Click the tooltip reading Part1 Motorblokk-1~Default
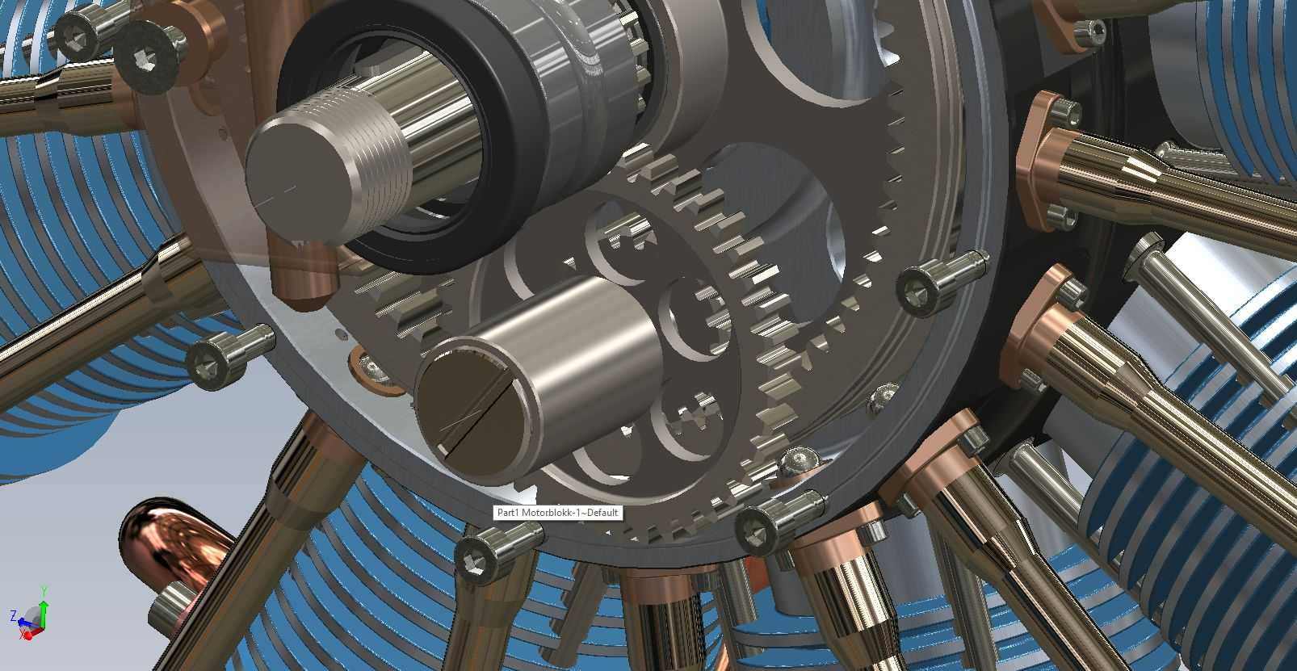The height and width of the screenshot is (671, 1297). tap(558, 513)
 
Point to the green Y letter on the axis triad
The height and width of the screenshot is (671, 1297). tap(44, 591)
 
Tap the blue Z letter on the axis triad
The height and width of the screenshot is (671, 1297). tap(13, 615)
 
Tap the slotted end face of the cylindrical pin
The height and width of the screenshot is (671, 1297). tap(476, 413)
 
